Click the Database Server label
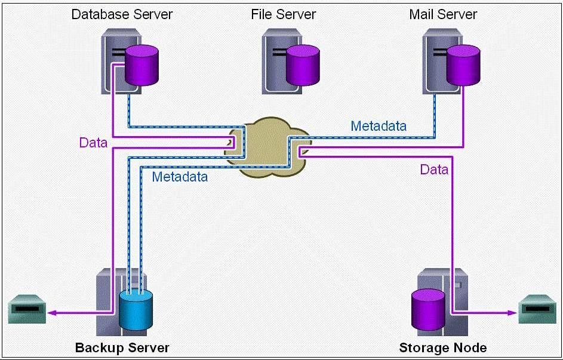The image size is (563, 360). (122, 14)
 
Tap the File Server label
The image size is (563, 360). (284, 14)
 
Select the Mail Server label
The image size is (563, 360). (443, 14)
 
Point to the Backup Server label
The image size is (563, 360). (122, 347)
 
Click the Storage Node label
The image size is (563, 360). (442, 347)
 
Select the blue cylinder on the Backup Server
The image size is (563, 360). (136, 309)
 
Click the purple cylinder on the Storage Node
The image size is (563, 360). (429, 309)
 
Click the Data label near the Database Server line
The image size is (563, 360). (93, 143)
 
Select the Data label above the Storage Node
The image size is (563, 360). (434, 170)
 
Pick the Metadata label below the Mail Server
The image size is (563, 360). (379, 126)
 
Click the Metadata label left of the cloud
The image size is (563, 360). (180, 177)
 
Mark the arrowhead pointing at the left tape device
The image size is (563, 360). (53, 312)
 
